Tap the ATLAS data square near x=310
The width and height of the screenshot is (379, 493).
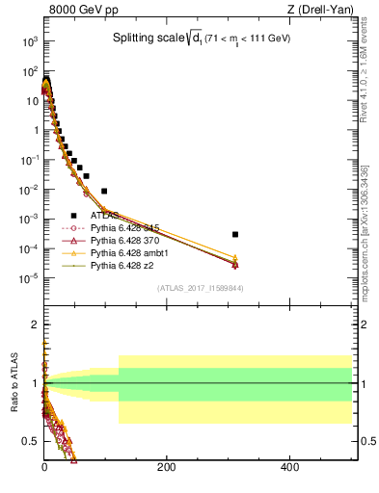pyautogui.click(x=235, y=234)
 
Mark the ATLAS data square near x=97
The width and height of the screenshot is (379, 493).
pyautogui.click(x=104, y=191)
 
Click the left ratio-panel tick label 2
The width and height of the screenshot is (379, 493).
pyautogui.click(x=31, y=324)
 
